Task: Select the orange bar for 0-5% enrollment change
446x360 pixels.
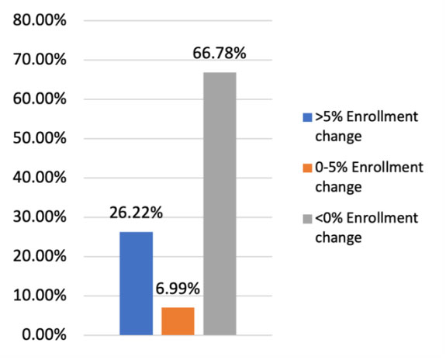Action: click(177, 321)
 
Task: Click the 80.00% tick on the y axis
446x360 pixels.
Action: click(40, 19)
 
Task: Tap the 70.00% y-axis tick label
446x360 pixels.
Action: click(40, 59)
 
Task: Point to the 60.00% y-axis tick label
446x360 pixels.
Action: click(40, 99)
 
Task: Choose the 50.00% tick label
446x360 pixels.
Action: click(40, 138)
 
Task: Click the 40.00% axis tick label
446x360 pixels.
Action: click(40, 178)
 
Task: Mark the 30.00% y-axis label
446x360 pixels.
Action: click(40, 217)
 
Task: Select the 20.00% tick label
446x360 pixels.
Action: click(40, 256)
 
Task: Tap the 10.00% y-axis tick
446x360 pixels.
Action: click(40, 296)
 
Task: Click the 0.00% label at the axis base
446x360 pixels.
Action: click(43, 335)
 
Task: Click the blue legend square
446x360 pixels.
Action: click(307, 118)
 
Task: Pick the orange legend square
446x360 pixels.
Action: click(307, 168)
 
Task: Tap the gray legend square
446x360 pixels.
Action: click(307, 219)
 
